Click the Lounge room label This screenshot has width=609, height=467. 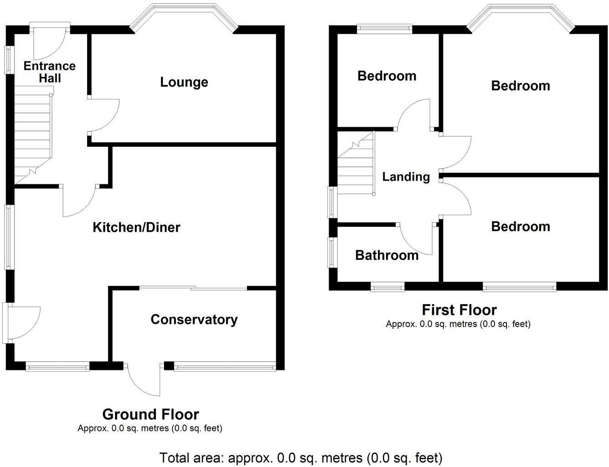(184, 83)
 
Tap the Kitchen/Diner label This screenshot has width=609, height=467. (136, 227)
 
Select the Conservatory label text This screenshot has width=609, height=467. (194, 320)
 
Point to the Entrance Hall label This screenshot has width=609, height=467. (50, 72)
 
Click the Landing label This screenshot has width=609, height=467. (406, 177)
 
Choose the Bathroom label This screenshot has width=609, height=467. (387, 255)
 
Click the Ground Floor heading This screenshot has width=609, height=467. (151, 414)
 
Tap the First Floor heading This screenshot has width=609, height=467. (459, 310)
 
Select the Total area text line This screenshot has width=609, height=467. (301, 458)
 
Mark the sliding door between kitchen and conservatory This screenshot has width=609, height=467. (193, 288)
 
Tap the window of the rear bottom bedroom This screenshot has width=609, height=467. (519, 287)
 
